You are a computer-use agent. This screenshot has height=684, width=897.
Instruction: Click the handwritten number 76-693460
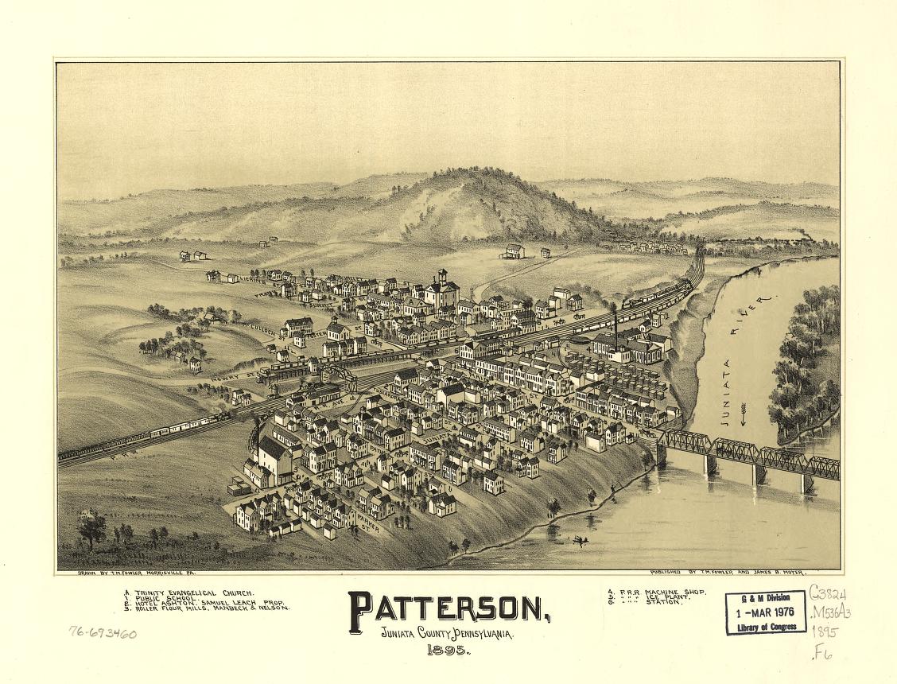[x=103, y=634]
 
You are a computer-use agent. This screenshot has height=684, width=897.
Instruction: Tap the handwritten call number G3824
[x=828, y=594]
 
